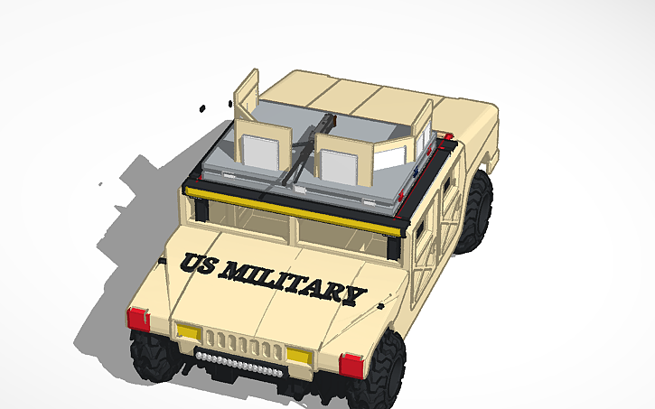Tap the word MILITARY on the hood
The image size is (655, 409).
click(294, 282)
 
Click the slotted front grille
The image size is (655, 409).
click(237, 343)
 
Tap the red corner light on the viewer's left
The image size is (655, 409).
click(138, 319)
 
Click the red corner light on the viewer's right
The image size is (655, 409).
click(352, 365)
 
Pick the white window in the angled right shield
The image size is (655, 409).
click(390, 161)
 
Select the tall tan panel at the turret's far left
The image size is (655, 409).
click(247, 95)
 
